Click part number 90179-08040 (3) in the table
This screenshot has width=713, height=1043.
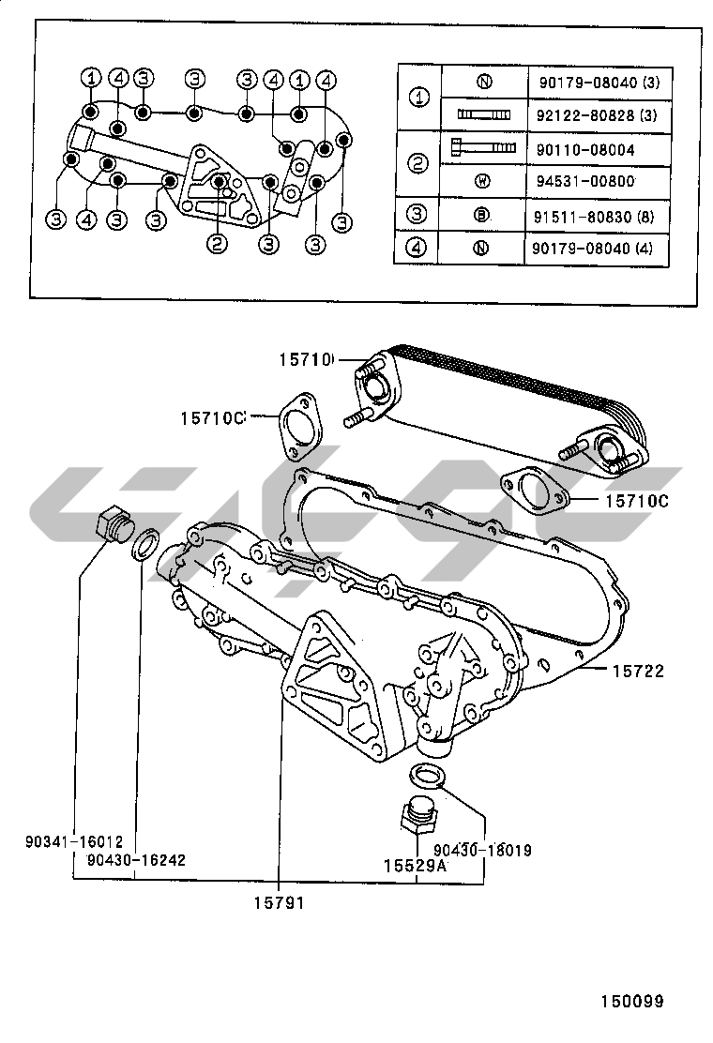coord(599,82)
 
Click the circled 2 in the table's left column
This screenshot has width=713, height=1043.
coord(418,164)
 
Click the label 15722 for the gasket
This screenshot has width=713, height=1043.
coord(638,671)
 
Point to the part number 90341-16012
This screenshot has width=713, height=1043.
coord(74,842)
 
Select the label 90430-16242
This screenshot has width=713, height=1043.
coord(135,858)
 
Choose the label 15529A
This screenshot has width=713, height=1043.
coord(414,868)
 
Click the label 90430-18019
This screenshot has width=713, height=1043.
coord(482,851)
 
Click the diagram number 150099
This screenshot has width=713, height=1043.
coord(632,1002)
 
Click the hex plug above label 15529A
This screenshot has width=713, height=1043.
coord(417,812)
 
